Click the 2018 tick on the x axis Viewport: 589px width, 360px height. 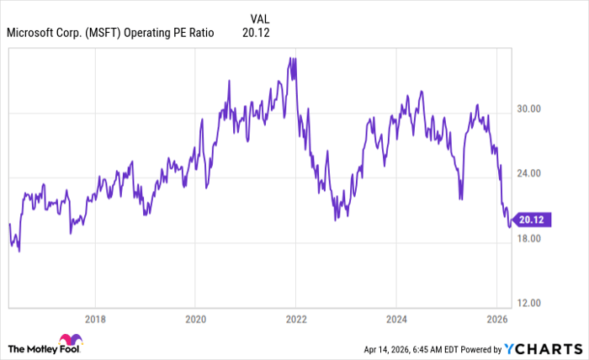pos(96,320)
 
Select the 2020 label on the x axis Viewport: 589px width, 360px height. pos(195,320)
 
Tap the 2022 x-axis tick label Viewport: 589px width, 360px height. pos(296,320)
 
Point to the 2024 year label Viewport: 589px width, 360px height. pos(396,320)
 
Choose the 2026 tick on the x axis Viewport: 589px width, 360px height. pos(496,320)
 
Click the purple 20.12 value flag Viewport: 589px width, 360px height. pos(532,220)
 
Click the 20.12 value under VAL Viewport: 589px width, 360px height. pos(256,33)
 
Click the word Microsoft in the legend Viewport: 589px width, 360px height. pos(34,33)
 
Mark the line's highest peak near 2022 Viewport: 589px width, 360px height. pos(291,58)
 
